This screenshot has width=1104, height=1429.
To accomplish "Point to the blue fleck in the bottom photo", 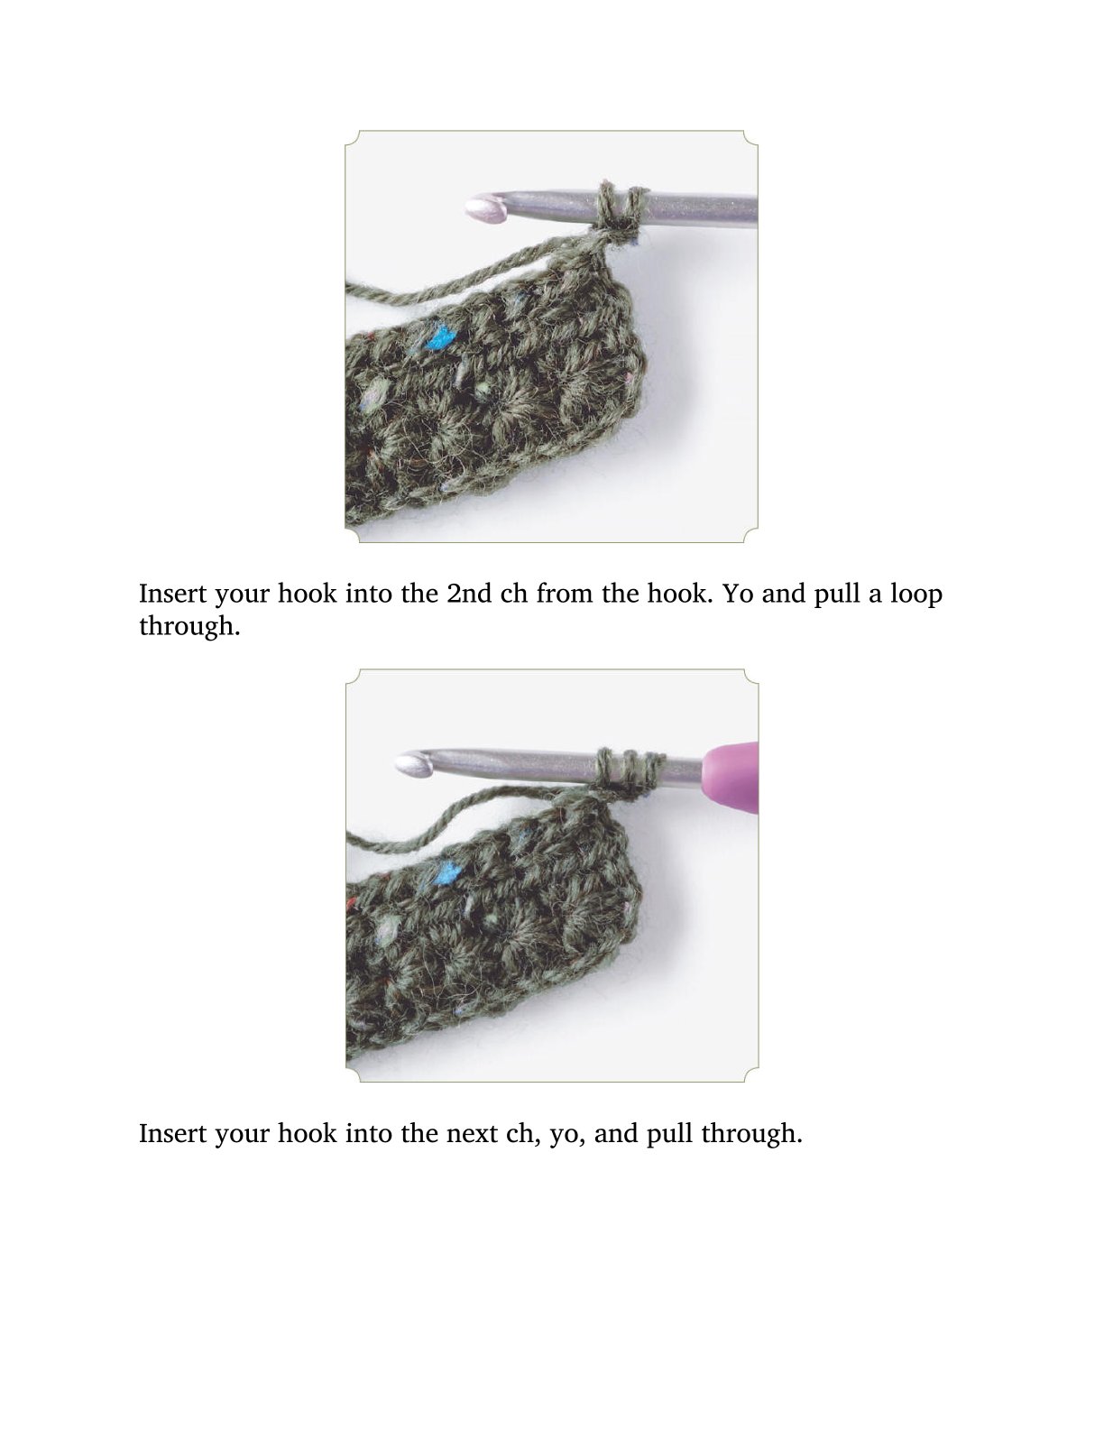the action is click(x=447, y=872).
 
